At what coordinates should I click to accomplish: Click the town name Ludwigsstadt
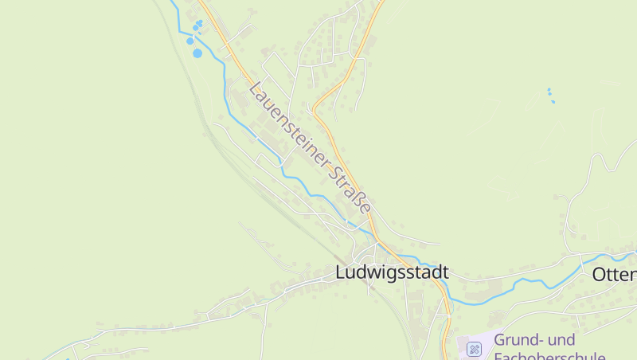pos(392,272)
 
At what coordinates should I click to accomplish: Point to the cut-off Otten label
pos(614,275)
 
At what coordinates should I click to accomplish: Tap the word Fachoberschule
pos(549,355)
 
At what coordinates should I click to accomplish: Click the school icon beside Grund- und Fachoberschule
pos(474,348)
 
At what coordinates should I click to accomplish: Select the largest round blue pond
pos(197,53)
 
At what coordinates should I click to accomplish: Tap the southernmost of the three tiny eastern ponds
pos(553,102)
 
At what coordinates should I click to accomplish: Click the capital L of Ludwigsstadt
pos(341,272)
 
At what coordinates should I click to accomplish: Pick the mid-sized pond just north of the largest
pos(190,40)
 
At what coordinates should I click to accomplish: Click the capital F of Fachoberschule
pos(498,355)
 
